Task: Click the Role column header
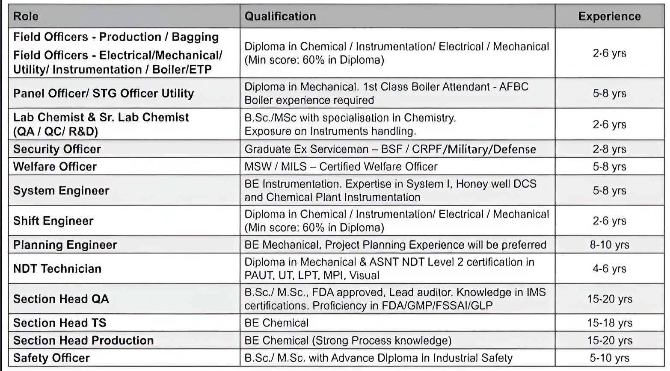[x=26, y=16]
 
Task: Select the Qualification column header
[x=280, y=16]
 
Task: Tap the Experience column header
[x=609, y=16]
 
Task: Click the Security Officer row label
[x=57, y=149]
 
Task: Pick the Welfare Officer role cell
[x=55, y=167]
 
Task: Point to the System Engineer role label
[x=61, y=191]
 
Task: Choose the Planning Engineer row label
[x=65, y=245]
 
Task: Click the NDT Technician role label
[x=57, y=269]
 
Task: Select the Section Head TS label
[x=59, y=323]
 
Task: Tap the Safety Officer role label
[x=51, y=358]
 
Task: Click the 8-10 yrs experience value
[x=609, y=245]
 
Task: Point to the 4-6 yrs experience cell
[x=609, y=269]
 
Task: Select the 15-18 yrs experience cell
[x=609, y=323]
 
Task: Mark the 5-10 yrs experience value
[x=609, y=358]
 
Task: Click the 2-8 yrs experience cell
[x=609, y=149]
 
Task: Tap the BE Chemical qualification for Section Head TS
[x=276, y=323]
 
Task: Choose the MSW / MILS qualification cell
[x=341, y=167]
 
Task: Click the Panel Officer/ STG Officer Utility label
[x=104, y=94]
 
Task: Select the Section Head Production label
[x=83, y=341]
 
